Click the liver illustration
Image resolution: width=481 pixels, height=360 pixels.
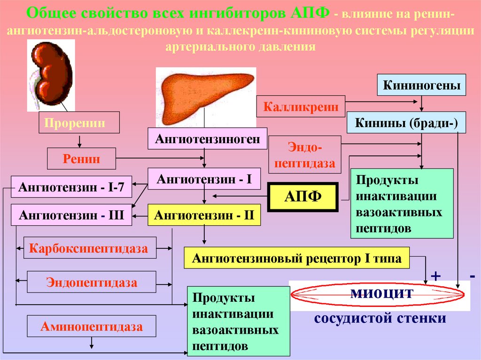click(206, 96)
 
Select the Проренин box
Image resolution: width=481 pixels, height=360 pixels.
click(79, 123)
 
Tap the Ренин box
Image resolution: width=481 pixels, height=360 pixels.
click(81, 159)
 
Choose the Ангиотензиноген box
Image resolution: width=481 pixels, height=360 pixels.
click(208, 138)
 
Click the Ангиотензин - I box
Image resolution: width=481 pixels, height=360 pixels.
click(204, 179)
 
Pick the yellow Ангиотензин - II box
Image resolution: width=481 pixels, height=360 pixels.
click(204, 215)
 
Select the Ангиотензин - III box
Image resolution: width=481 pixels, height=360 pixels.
click(71, 215)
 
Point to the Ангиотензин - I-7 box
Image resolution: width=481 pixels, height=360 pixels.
click(71, 187)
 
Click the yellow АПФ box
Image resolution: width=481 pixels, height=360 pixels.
click(303, 196)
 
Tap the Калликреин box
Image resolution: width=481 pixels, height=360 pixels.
click(301, 107)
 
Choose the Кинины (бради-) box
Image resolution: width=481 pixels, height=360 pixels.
click(406, 123)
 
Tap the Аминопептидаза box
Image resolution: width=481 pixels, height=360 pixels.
click(92, 326)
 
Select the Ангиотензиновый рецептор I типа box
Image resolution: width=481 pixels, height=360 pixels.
click(297, 259)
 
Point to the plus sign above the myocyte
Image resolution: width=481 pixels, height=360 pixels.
click(436, 276)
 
